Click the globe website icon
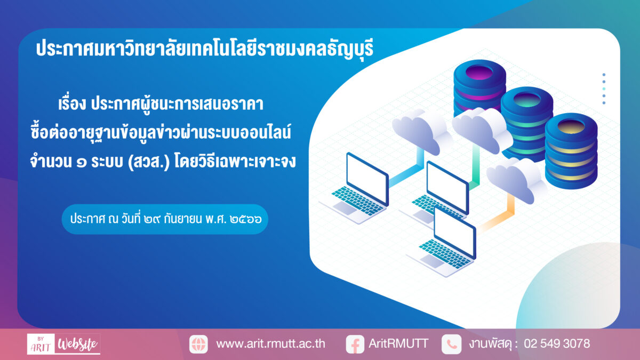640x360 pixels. coord(198,344)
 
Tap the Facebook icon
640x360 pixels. coord(355,345)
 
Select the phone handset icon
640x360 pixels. coord(452,344)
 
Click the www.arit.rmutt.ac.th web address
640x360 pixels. coord(270,343)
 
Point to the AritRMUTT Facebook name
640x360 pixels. coord(398,343)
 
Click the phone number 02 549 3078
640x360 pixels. coord(557,343)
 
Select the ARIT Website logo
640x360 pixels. coord(63,344)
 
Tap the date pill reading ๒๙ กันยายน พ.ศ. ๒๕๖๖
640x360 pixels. coord(165,219)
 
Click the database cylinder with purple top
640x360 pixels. coord(479,86)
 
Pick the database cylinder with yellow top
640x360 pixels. coord(571,151)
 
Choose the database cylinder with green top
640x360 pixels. coord(527,123)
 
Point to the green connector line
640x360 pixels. coord(475,167)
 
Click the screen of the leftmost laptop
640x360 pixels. coord(367,178)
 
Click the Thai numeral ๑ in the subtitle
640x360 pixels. coord(82,163)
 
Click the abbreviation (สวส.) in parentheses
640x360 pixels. coord(149,162)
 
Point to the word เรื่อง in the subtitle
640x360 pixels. coord(72,103)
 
